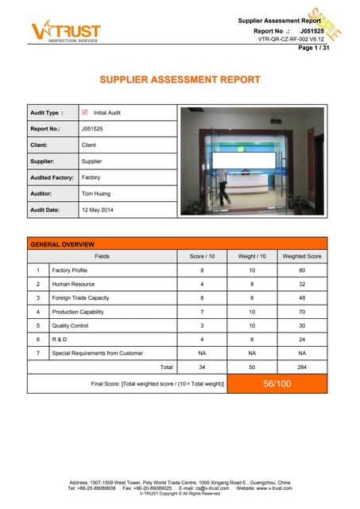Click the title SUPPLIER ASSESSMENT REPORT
[179, 80]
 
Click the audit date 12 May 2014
[98, 209]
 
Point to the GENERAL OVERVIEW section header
[62, 243]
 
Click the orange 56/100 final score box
[277, 383]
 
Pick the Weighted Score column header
[302, 256]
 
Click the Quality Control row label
[70, 325]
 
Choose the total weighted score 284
[302, 367]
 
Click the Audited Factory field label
[52, 177]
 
